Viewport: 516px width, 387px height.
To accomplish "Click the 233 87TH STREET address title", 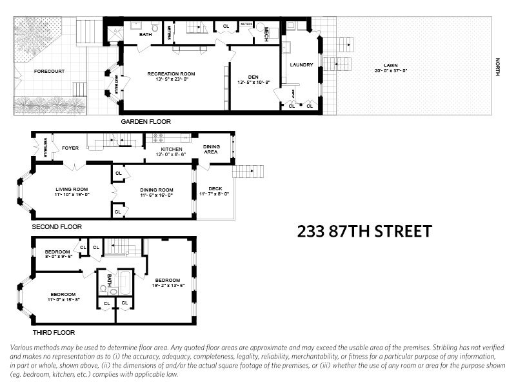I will click(364, 231).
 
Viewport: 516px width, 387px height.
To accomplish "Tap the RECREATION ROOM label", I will click(171, 74).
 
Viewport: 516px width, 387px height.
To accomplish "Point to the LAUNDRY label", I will click(301, 64).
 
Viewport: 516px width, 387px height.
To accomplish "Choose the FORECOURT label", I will click(49, 71).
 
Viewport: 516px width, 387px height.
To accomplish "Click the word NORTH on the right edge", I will click(497, 67).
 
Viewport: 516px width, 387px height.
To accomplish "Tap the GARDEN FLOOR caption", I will click(146, 121).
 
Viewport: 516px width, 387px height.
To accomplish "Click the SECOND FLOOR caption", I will click(57, 227).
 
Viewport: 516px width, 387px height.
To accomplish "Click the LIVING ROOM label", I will click(72, 189).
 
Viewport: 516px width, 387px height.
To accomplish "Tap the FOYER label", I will click(70, 148).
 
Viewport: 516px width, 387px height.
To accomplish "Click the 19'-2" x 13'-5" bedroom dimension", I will click(168, 285).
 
